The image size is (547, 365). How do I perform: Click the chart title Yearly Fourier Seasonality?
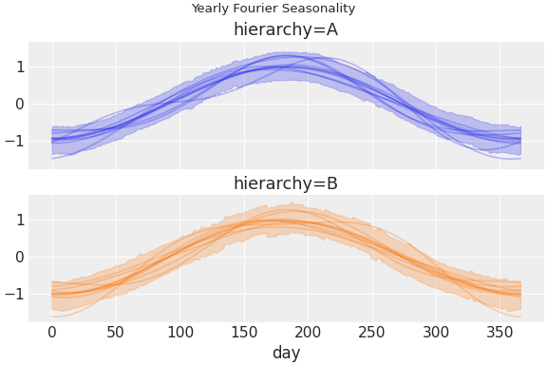273,9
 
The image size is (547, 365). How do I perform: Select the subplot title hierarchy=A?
286,29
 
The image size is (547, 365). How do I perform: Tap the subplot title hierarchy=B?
286,183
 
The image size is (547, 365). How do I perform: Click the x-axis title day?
286,354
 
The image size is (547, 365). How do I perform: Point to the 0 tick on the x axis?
52,333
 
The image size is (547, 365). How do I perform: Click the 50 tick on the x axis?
116,333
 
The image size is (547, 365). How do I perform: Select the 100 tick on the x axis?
180,333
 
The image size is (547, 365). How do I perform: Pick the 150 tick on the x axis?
244,333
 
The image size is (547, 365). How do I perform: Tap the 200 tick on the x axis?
309,333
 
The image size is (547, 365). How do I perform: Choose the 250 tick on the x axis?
372,333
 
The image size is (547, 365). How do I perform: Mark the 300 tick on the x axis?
437,333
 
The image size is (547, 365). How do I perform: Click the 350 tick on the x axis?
500,333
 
